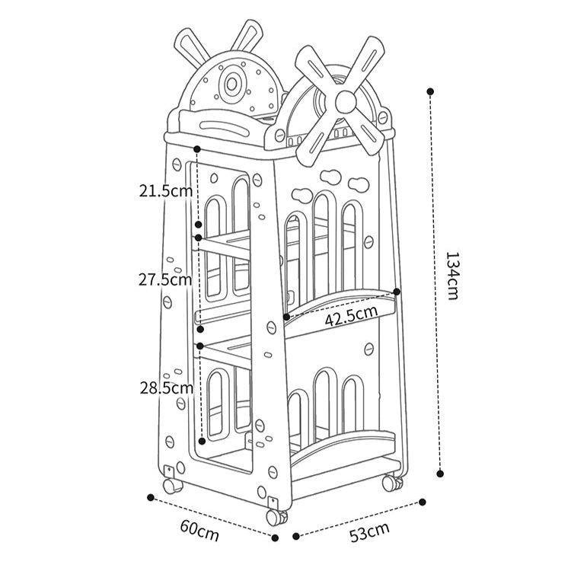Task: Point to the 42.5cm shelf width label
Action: tap(351, 312)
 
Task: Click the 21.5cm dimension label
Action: tap(165, 190)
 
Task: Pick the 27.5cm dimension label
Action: tap(165, 279)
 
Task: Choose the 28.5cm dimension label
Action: tap(165, 388)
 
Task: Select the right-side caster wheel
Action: tap(391, 483)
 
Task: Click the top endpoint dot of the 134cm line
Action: tap(430, 91)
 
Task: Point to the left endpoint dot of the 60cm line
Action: tap(151, 499)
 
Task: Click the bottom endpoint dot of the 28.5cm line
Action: tap(201, 440)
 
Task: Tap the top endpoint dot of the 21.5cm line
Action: tap(197, 149)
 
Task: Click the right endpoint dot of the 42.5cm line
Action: tap(397, 291)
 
